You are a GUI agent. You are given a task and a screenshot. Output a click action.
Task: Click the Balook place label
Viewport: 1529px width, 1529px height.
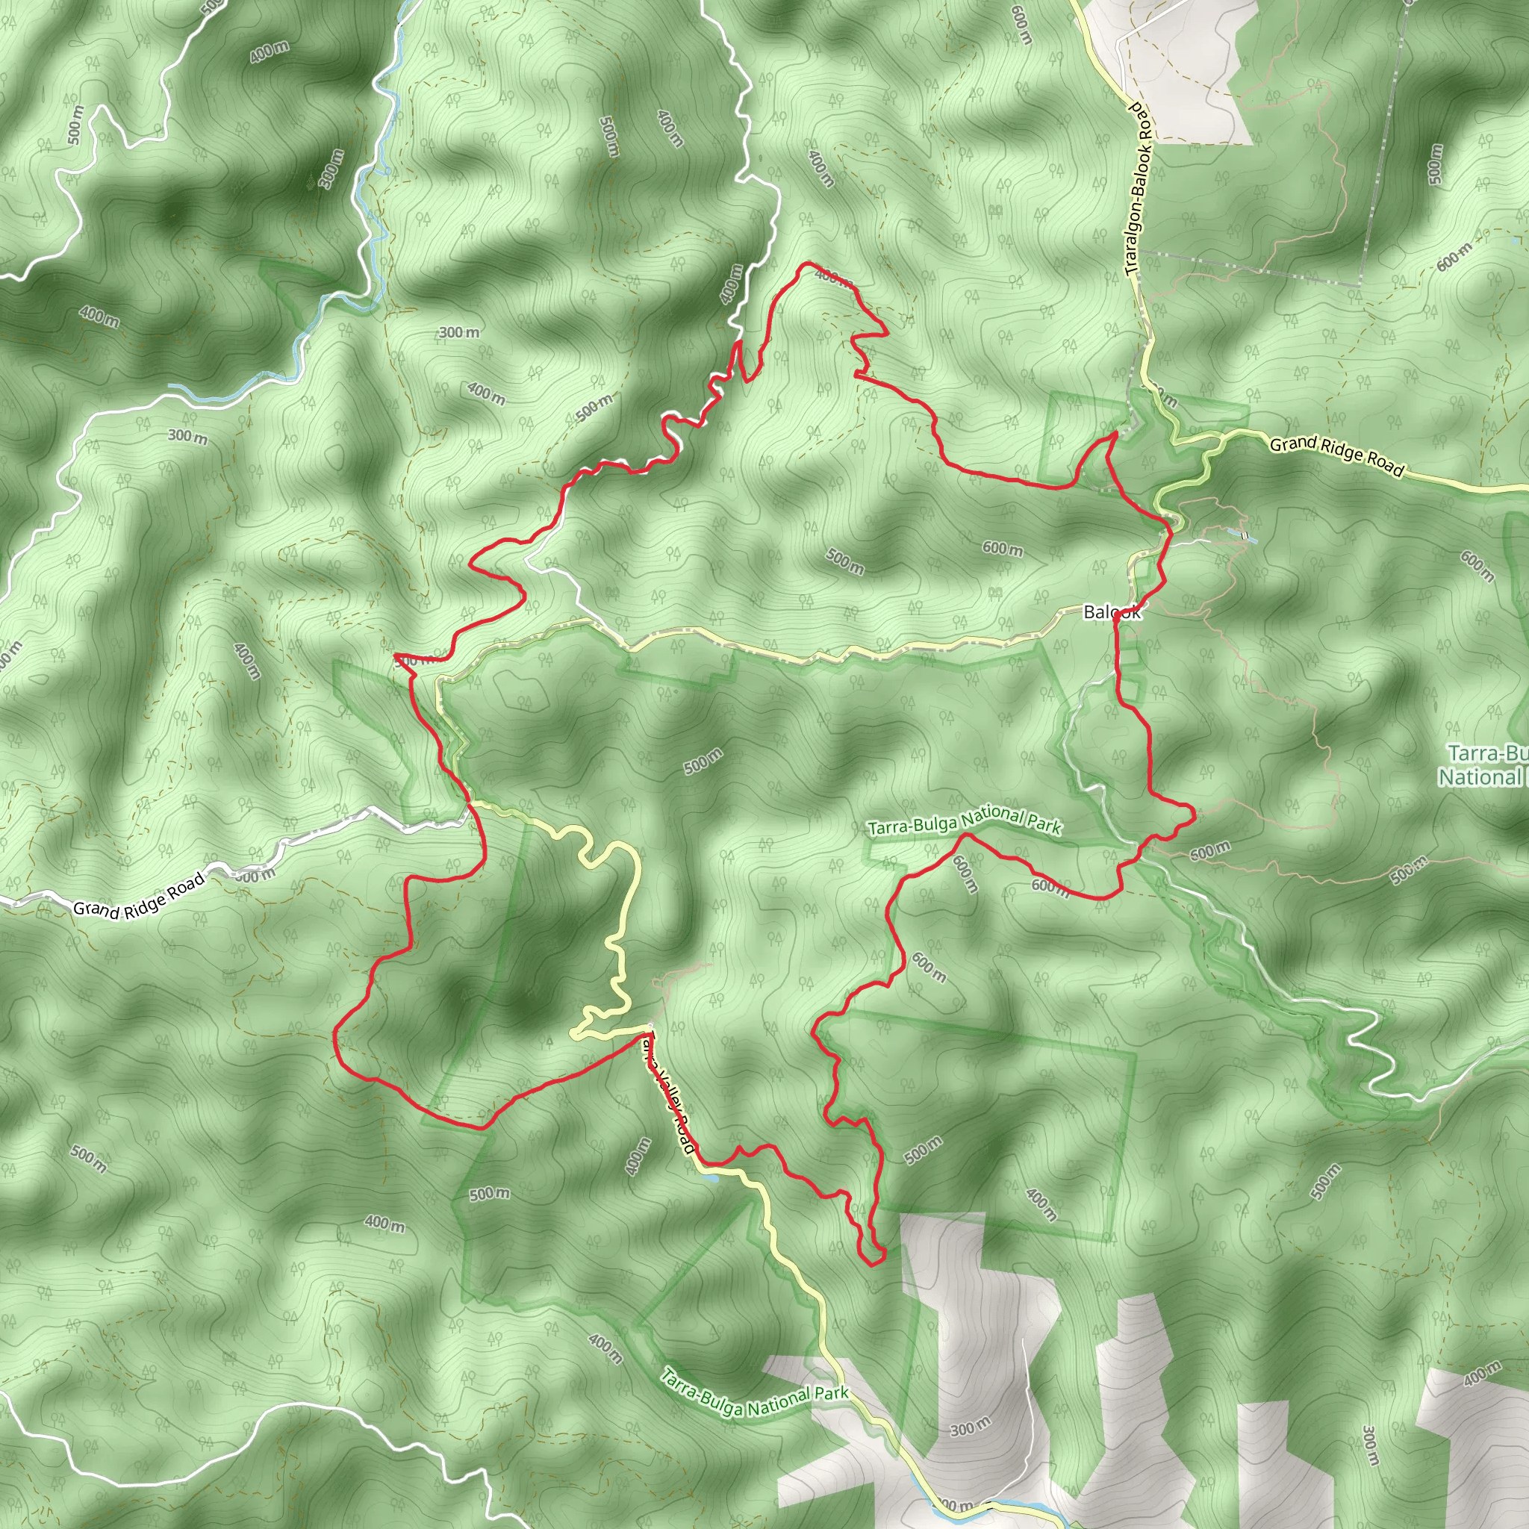click(1112, 611)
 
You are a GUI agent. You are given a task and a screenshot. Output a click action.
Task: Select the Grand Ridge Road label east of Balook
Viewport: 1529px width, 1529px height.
click(1336, 457)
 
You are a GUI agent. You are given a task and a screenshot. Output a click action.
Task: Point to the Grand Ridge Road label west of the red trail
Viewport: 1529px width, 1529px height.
click(140, 895)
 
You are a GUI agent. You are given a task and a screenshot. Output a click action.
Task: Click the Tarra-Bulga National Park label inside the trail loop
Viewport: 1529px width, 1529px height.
click(964, 821)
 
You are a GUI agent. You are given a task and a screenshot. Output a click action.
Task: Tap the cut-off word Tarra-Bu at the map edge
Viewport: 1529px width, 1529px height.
click(1488, 753)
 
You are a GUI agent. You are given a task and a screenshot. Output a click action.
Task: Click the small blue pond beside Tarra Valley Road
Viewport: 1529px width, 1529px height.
click(711, 1177)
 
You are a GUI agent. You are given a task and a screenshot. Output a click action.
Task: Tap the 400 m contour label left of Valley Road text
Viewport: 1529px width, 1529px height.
click(638, 1156)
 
